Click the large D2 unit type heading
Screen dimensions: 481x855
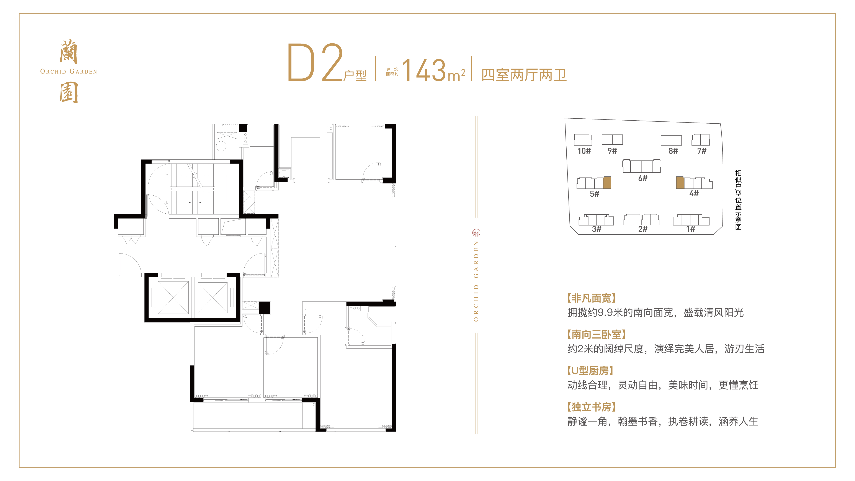tap(315, 63)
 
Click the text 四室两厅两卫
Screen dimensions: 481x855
tap(524, 75)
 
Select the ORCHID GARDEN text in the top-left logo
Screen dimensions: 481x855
tap(68, 71)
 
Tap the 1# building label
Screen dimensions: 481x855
tap(691, 229)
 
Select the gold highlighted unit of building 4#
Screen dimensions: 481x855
tap(680, 183)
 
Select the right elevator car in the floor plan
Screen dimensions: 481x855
tap(213, 298)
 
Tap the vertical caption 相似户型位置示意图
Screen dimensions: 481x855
tap(738, 200)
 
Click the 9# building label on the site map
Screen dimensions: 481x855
tap(612, 151)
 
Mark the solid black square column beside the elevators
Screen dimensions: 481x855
tap(265, 307)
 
